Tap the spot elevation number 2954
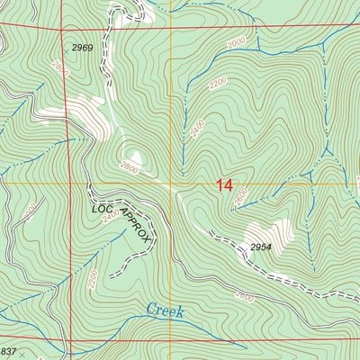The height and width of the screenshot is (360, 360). click(261, 247)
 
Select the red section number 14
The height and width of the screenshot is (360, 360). click(224, 186)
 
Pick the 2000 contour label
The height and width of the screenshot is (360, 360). click(236, 44)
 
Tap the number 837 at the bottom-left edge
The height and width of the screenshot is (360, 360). click(9, 351)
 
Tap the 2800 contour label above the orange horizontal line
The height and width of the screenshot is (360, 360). click(129, 166)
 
